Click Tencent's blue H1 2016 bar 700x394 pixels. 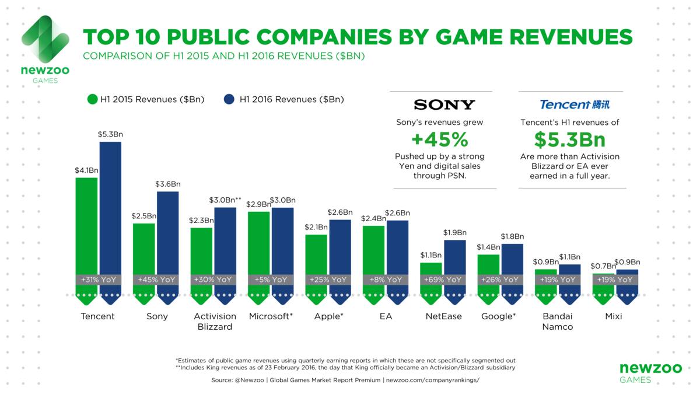(110, 219)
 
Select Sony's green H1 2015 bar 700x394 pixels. (143, 260)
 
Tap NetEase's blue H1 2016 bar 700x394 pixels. (454, 269)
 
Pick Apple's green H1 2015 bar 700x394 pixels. (316, 266)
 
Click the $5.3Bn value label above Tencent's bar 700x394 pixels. (110, 134)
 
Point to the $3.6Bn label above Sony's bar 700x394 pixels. (168, 184)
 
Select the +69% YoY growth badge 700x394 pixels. (443, 280)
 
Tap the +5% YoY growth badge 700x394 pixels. (271, 280)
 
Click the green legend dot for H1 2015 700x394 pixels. (93, 99)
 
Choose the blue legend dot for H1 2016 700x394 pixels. (229, 99)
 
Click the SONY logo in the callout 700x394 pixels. (444, 104)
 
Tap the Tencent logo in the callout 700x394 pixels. (575, 104)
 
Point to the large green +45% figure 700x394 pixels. (440, 140)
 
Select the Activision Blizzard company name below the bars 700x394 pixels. (215, 322)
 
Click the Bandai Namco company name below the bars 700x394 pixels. (558, 322)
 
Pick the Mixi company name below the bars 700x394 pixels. (614, 316)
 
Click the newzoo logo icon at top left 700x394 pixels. (45, 39)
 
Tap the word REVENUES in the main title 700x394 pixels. (571, 37)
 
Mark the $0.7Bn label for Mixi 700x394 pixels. (603, 266)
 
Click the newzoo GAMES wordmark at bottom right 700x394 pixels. (651, 373)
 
